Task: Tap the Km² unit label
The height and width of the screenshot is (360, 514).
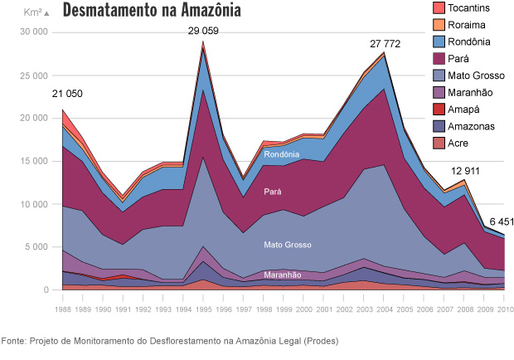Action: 34,12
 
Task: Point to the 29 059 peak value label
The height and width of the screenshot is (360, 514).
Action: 203,32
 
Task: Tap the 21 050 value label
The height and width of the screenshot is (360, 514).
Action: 67,94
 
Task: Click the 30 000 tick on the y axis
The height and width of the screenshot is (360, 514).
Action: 33,32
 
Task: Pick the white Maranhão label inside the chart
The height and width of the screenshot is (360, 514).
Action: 283,275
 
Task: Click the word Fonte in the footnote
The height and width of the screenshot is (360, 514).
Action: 15,341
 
